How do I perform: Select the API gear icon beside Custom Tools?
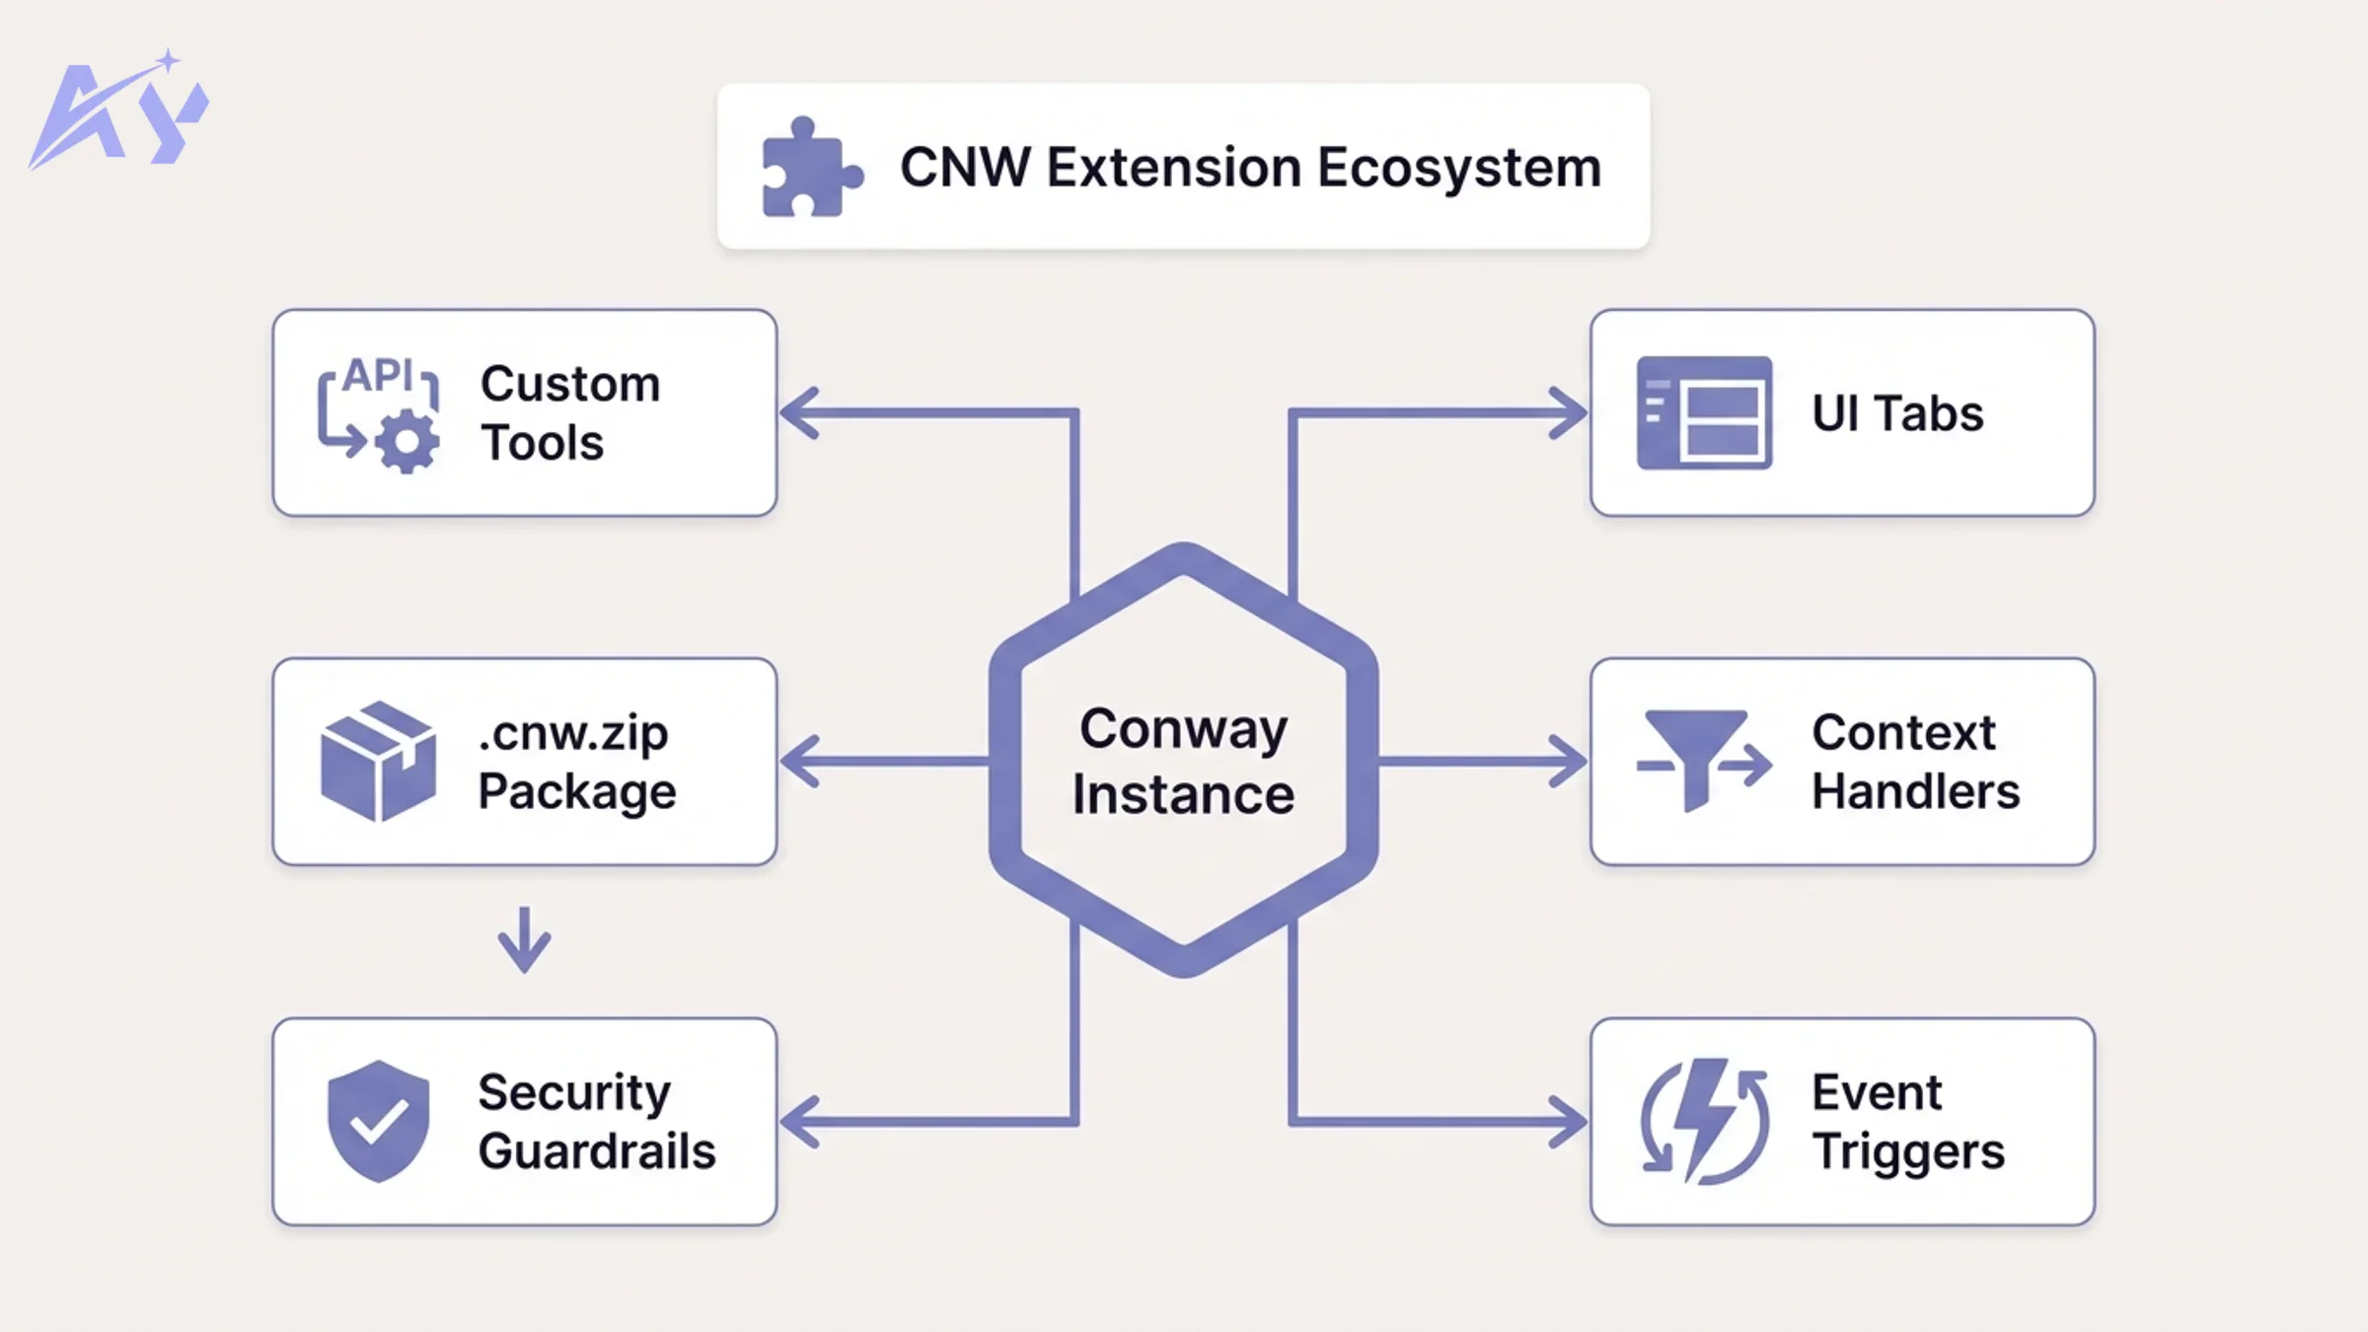tap(379, 414)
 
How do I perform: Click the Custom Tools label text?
tap(570, 412)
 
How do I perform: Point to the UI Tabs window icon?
tap(1704, 412)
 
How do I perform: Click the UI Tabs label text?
tap(1896, 412)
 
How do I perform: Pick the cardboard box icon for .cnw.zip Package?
tap(378, 761)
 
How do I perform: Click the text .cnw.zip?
tap(572, 733)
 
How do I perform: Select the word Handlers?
tap(1915, 791)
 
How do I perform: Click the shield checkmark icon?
tap(378, 1121)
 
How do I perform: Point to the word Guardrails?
tap(597, 1151)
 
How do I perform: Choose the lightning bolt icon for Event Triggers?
tap(1705, 1121)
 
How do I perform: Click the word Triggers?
tap(1908, 1151)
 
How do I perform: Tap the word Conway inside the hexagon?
tap(1183, 729)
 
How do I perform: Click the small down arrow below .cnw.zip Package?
tap(524, 941)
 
